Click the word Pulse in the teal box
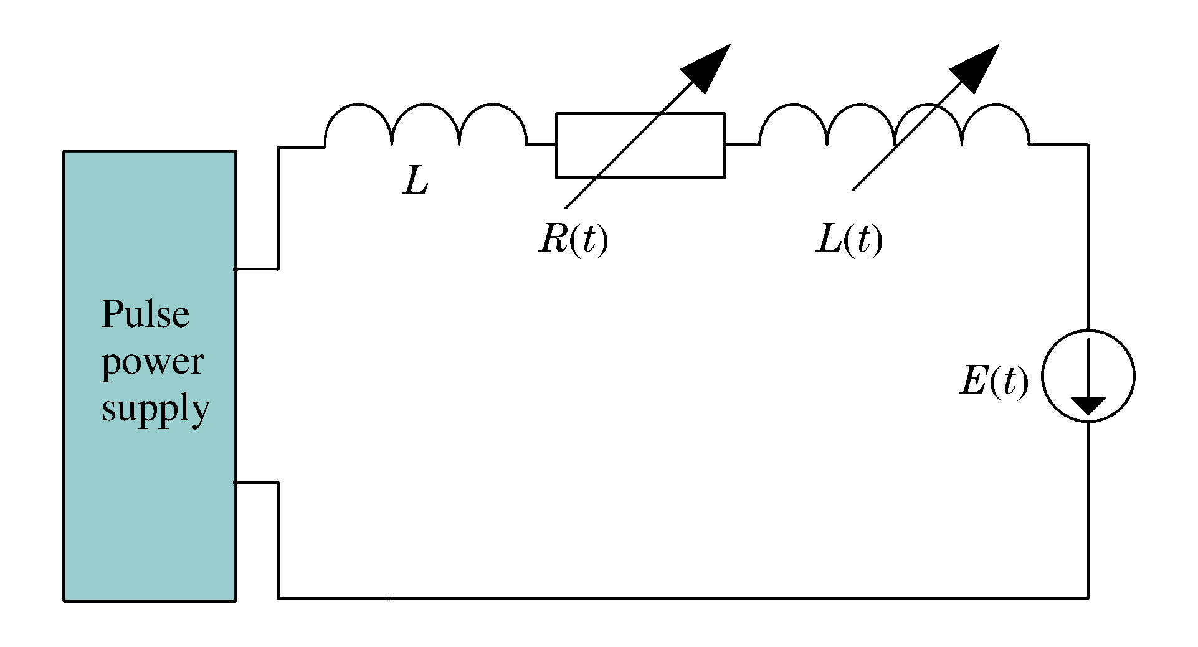tap(145, 314)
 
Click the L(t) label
tap(849, 239)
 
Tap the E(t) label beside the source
tap(994, 380)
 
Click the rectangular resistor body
tap(640, 145)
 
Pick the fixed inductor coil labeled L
tap(425, 125)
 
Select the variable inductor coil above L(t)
tap(894, 125)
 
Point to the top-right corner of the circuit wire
tap(1088, 145)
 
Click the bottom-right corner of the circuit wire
tap(1088, 598)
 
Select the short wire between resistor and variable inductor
tap(741, 145)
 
